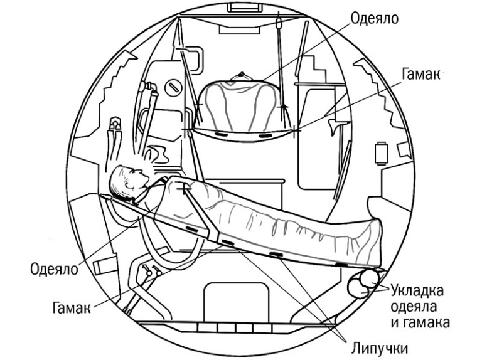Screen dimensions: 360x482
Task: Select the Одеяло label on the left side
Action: pos(53,269)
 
